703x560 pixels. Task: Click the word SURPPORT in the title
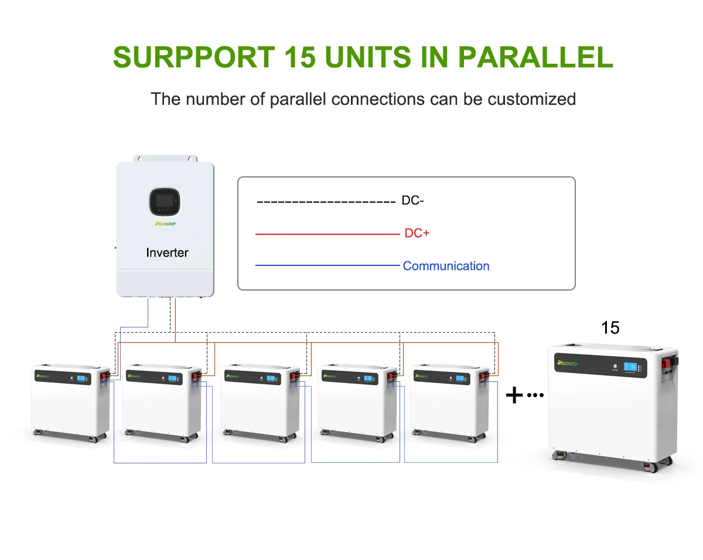194,57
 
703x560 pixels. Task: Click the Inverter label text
167,253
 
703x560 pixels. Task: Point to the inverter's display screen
164,202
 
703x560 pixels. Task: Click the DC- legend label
412,201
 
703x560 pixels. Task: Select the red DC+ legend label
417,233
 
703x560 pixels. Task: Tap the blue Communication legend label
446,266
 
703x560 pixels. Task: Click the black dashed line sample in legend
326,202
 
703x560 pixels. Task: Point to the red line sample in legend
326,234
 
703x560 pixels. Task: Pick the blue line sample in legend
326,266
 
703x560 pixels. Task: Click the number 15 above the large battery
610,328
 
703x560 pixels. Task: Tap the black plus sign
514,396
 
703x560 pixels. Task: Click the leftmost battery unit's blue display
81,378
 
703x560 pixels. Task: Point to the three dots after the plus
535,395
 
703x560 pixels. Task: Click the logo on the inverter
167,223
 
